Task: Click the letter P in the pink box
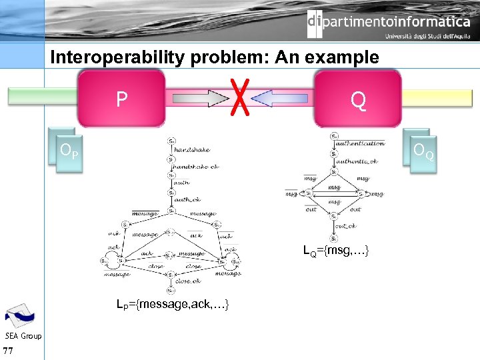(x=121, y=99)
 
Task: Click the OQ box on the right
(x=423, y=153)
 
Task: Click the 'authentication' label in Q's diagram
(x=360, y=143)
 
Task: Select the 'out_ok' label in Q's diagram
(x=346, y=226)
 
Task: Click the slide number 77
(x=9, y=351)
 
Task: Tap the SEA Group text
(x=23, y=335)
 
